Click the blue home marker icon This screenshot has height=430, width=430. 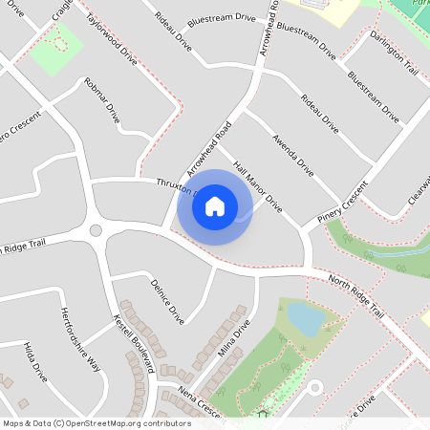click(215, 205)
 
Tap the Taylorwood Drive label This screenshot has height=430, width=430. click(111, 39)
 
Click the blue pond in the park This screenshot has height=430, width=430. click(303, 317)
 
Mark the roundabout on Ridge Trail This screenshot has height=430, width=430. click(96, 230)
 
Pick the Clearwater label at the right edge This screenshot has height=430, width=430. click(418, 196)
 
